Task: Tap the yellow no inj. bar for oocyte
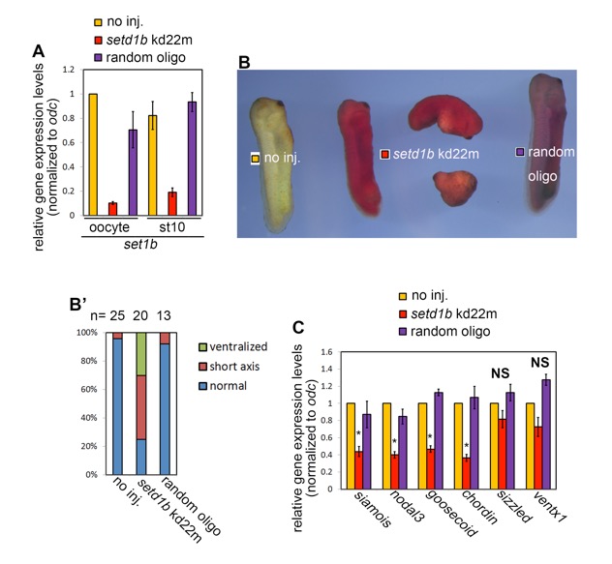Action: tap(93, 153)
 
